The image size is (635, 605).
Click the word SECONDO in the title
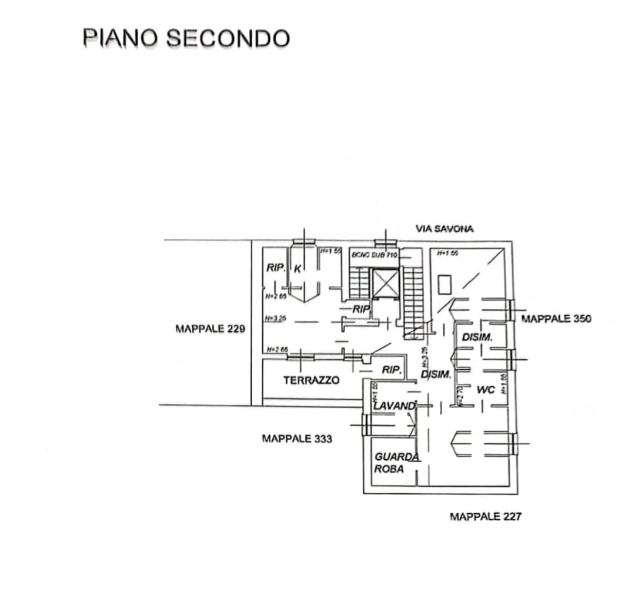click(228, 38)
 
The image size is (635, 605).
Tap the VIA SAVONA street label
click(444, 229)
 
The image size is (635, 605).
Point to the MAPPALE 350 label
click(556, 319)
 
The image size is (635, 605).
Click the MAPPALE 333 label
click(296, 438)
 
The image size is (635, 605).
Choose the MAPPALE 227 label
click(485, 516)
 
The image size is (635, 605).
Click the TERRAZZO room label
click(311, 380)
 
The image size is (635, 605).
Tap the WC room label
click(486, 389)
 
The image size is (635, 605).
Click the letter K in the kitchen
click(298, 268)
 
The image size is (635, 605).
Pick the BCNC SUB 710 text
click(375, 255)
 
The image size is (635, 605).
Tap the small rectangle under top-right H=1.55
click(444, 285)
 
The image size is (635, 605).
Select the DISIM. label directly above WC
click(476, 337)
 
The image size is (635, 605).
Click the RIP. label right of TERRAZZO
click(392, 370)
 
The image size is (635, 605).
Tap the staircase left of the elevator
click(358, 283)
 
